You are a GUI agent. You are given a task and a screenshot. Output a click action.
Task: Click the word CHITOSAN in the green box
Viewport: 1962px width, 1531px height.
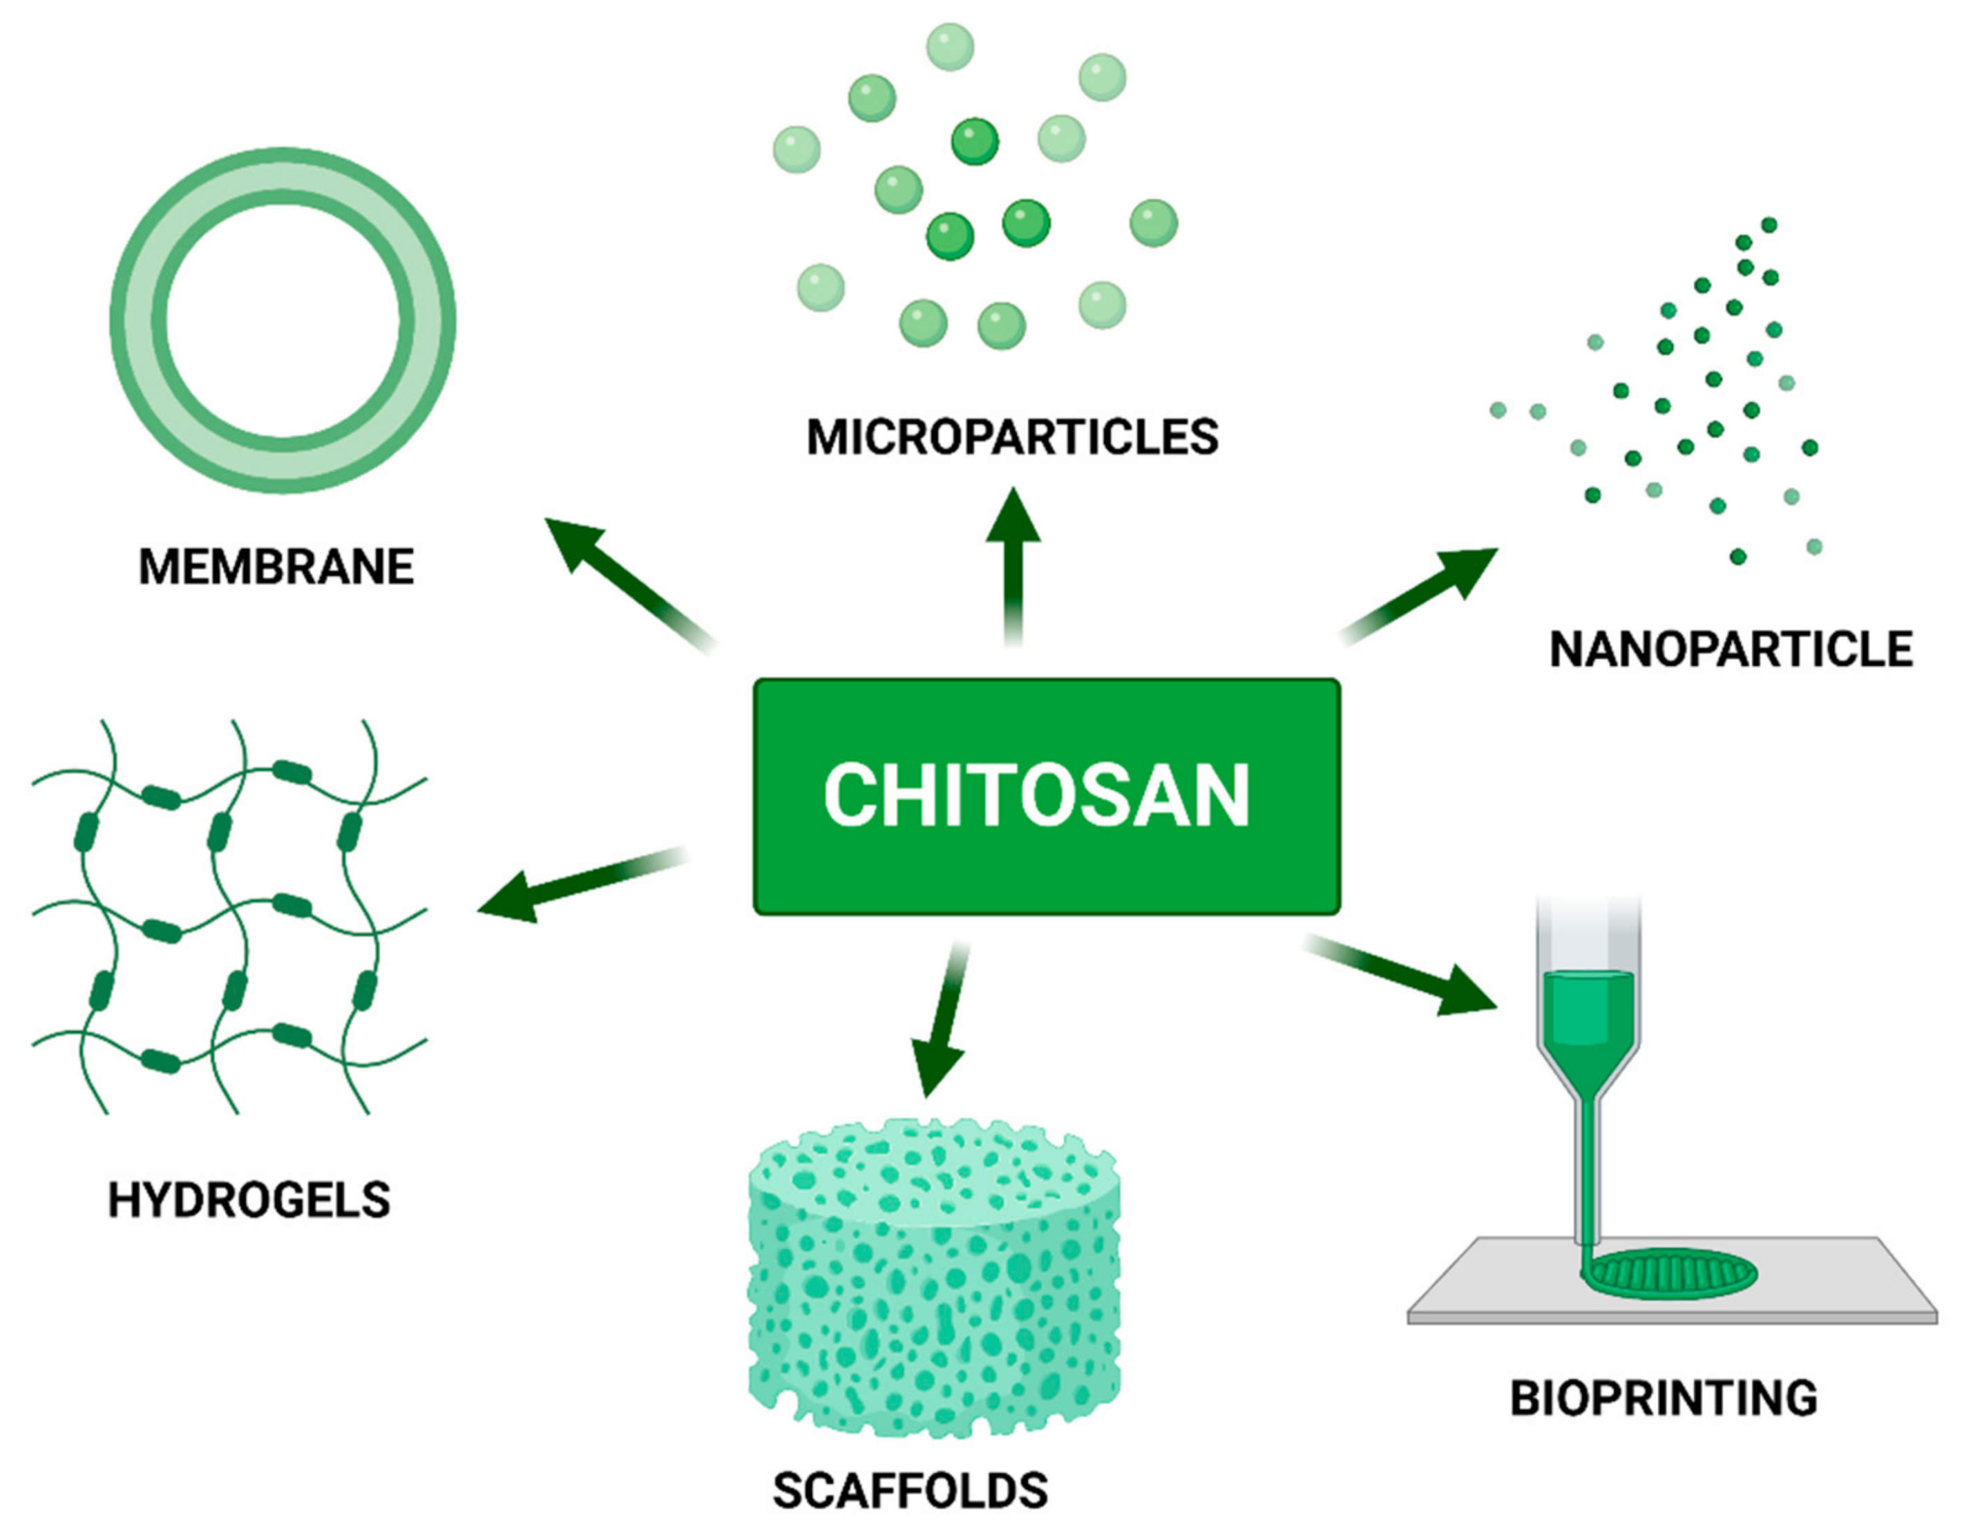(1036, 795)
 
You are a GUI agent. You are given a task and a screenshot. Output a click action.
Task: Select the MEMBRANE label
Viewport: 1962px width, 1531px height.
(276, 567)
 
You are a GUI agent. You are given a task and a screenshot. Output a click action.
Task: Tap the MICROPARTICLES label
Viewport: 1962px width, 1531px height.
(1013, 437)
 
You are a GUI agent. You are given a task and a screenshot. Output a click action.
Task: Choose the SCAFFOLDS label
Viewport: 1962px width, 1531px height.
(910, 1490)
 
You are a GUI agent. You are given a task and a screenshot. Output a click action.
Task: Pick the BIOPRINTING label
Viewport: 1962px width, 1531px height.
(1664, 1399)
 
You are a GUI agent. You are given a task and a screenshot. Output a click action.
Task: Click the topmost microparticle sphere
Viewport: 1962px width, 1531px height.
(949, 47)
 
